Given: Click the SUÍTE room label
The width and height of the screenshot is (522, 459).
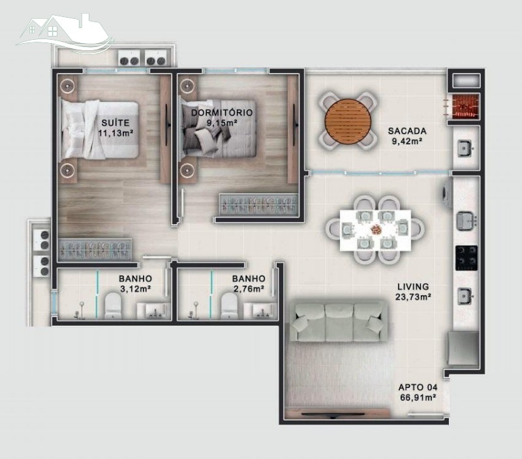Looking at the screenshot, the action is pyautogui.click(x=115, y=123).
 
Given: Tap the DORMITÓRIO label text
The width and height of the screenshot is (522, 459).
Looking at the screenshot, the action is pyautogui.click(x=222, y=112).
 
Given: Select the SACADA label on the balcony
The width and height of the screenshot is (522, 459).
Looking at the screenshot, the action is pyautogui.click(x=407, y=131).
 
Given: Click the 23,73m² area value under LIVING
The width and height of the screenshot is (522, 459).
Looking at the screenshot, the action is pyautogui.click(x=414, y=297).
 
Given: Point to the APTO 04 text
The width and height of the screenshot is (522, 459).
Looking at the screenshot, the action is pyautogui.click(x=418, y=387).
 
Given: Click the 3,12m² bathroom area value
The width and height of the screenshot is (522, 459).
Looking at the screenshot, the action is pyautogui.click(x=136, y=289).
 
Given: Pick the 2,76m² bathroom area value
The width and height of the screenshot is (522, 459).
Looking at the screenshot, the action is pyautogui.click(x=249, y=289).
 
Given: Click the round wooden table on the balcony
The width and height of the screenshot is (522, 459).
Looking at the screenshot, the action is pyautogui.click(x=348, y=121).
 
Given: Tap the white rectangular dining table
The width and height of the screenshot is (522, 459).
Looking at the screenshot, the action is pyautogui.click(x=375, y=230).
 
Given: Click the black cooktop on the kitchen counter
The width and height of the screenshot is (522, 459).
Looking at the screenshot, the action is pyautogui.click(x=467, y=258).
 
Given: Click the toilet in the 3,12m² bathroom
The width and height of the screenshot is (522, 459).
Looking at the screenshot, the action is pyautogui.click(x=113, y=306).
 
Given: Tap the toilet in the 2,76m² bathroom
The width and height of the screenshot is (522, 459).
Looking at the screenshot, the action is pyautogui.click(x=230, y=306).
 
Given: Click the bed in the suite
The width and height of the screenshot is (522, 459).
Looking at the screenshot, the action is pyautogui.click(x=99, y=130).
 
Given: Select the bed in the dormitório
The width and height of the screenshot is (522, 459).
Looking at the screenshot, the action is pyautogui.click(x=218, y=129).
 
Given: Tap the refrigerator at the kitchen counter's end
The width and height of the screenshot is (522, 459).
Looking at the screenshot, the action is pyautogui.click(x=463, y=349).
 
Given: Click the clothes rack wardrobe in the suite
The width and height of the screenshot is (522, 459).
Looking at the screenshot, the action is pyautogui.click(x=95, y=249).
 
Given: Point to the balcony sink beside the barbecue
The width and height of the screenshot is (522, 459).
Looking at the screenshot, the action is pyautogui.click(x=465, y=148).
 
